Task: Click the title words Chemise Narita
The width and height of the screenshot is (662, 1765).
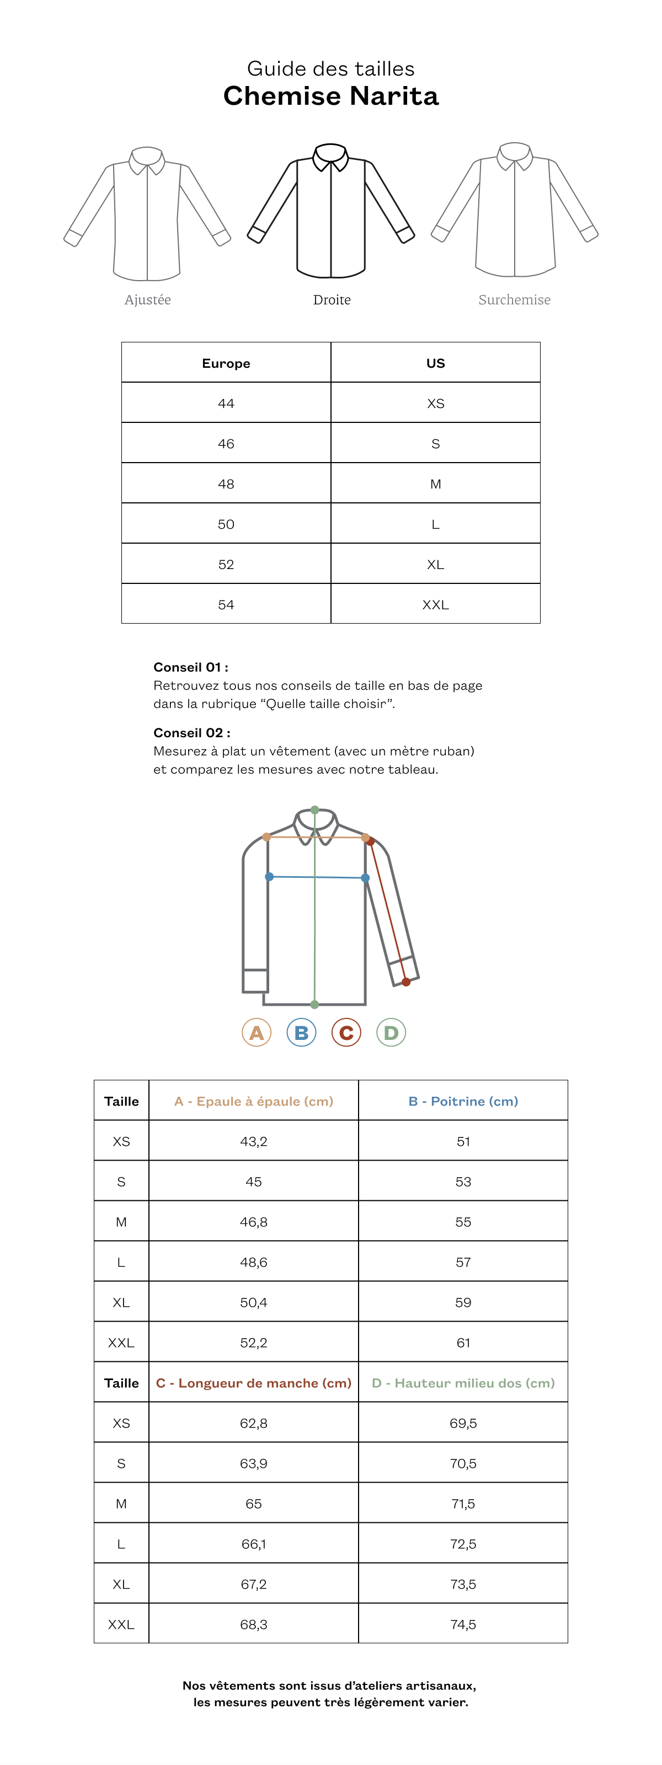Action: [331, 96]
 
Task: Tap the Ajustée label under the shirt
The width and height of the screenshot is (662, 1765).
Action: [147, 299]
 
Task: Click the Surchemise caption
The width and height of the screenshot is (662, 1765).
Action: [514, 299]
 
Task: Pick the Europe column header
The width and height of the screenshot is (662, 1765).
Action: [226, 363]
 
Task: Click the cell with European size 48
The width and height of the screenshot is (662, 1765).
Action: [226, 484]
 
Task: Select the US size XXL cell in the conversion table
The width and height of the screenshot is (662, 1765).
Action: [435, 604]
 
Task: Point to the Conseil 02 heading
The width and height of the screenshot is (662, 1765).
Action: [192, 732]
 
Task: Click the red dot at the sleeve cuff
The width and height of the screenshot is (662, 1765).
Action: [407, 982]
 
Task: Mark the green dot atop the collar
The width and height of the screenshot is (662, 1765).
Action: [314, 810]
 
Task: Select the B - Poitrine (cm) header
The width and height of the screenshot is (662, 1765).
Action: [463, 1101]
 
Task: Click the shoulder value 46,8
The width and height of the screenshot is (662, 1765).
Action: [254, 1222]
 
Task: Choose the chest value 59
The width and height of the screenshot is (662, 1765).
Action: [463, 1302]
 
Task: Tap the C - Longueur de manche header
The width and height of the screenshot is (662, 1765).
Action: [254, 1383]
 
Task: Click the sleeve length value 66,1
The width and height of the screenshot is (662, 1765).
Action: [254, 1544]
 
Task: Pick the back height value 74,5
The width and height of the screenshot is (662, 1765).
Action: [463, 1624]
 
